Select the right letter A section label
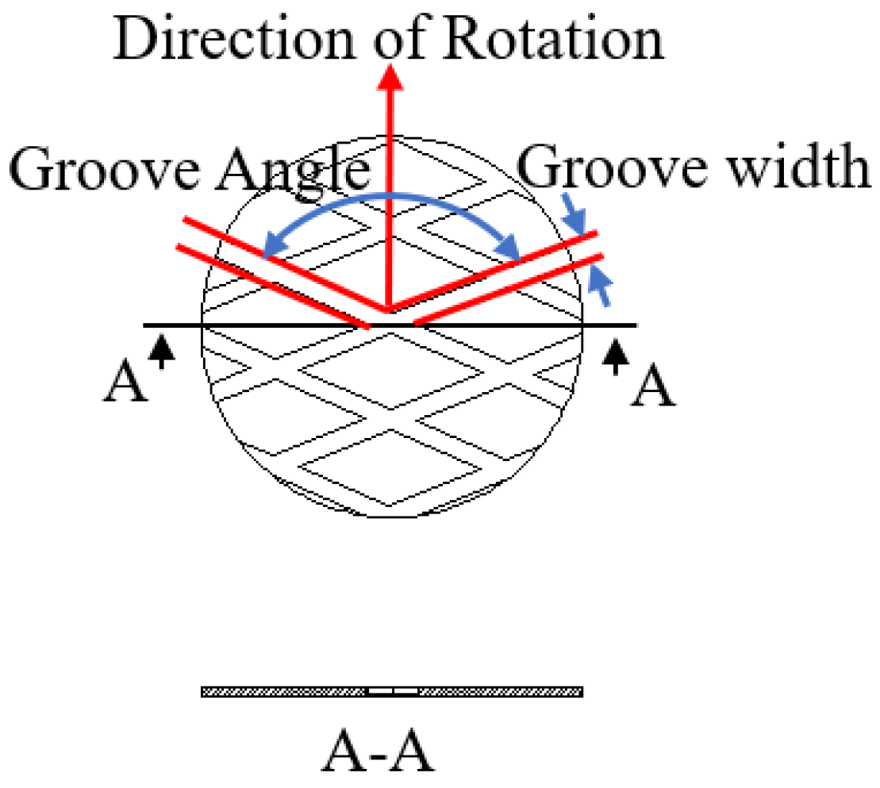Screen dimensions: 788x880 click(x=652, y=388)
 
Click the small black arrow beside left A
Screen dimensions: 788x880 click(x=162, y=350)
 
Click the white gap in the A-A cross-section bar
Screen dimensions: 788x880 click(x=394, y=692)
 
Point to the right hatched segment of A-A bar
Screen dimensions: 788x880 click(x=500, y=692)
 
